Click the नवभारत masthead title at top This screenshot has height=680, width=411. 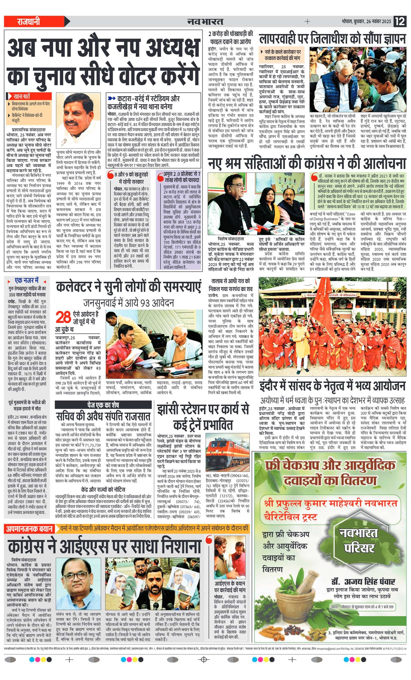point(205,21)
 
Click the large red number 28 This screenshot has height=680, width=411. point(64,317)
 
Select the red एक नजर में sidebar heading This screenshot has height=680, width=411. point(26,281)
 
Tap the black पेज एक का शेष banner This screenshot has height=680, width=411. point(103,405)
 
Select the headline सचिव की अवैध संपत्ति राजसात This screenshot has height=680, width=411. point(103,416)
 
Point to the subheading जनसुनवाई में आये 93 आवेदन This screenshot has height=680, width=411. point(128,303)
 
